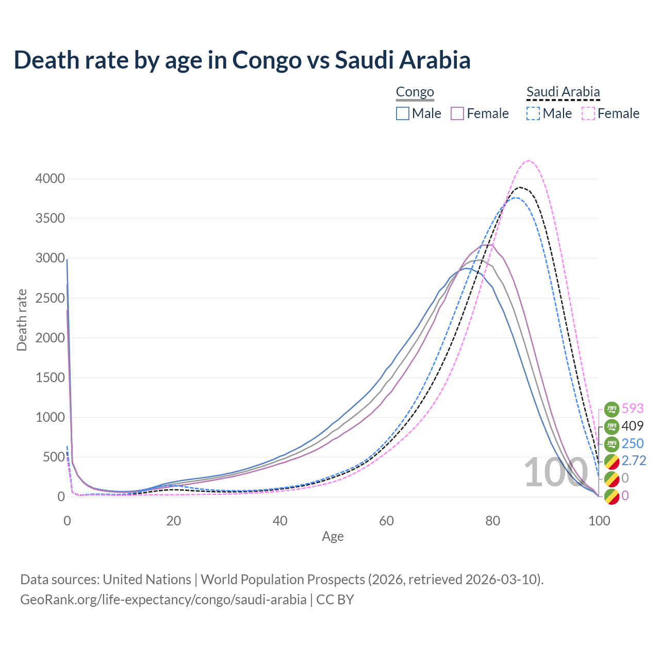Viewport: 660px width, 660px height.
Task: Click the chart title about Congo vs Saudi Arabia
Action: (x=242, y=60)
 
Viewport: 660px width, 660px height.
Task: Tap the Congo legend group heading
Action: (x=415, y=92)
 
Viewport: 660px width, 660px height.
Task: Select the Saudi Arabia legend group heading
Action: (x=563, y=92)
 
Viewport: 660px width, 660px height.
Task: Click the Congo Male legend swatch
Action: (x=403, y=113)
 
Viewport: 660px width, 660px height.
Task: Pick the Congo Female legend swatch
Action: (x=457, y=113)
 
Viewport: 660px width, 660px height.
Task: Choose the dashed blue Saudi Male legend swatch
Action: (x=533, y=113)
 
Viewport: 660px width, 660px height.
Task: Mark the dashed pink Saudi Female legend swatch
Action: (x=588, y=113)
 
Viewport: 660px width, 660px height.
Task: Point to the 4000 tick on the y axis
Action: (x=50, y=179)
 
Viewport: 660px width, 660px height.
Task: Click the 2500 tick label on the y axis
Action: (x=50, y=298)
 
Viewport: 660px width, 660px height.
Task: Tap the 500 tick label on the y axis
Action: (x=54, y=457)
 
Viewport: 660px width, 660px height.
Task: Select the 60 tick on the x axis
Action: (x=386, y=521)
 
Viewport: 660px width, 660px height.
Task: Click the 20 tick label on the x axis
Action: (x=174, y=521)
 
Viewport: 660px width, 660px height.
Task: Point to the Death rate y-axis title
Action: (x=22, y=320)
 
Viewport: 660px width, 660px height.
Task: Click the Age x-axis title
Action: (x=333, y=537)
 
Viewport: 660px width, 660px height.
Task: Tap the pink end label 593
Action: (x=633, y=408)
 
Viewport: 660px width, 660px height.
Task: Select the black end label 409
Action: (x=633, y=426)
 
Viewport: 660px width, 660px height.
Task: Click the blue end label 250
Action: (x=633, y=443)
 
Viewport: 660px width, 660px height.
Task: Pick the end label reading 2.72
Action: (x=634, y=460)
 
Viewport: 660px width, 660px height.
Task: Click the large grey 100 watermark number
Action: (x=555, y=473)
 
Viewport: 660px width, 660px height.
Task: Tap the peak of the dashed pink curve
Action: (x=530, y=160)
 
